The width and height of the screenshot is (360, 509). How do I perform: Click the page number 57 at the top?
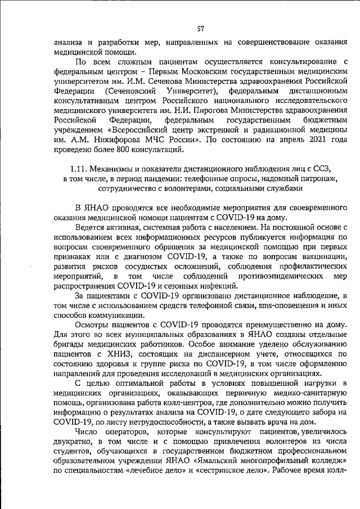(x=200, y=29)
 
